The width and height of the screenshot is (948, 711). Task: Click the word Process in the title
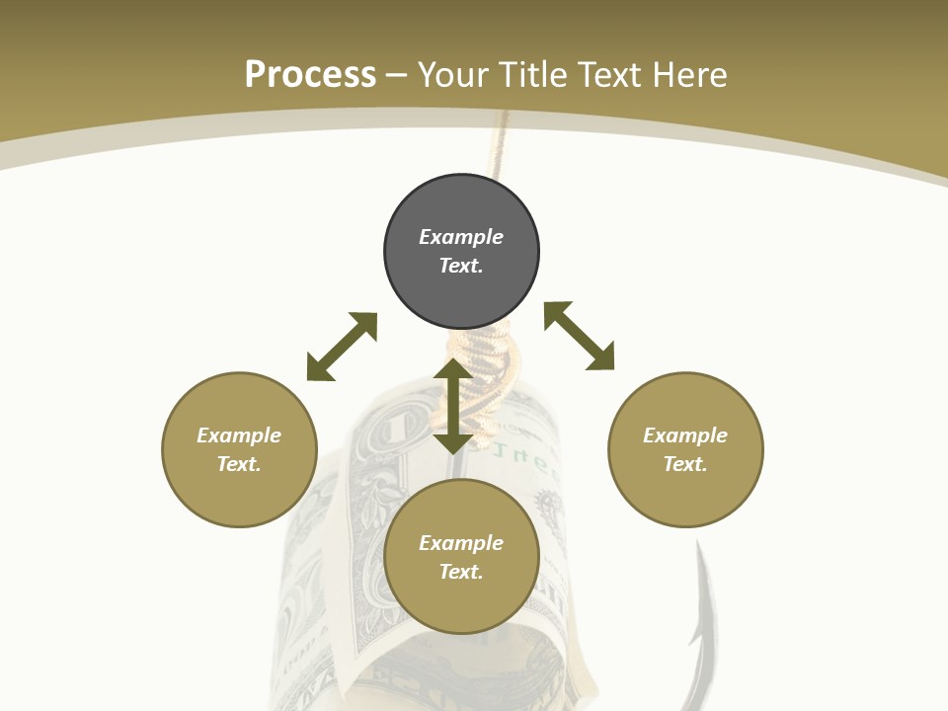[x=310, y=75]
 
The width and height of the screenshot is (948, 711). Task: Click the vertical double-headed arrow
[x=453, y=407]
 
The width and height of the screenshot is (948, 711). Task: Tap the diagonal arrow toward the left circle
[x=342, y=347]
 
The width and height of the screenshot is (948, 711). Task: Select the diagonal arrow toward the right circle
[x=580, y=336]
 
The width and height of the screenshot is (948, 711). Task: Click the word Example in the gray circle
[x=461, y=237]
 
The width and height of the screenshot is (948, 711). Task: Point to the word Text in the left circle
[x=238, y=464]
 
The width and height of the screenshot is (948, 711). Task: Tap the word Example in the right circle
[x=685, y=435]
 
